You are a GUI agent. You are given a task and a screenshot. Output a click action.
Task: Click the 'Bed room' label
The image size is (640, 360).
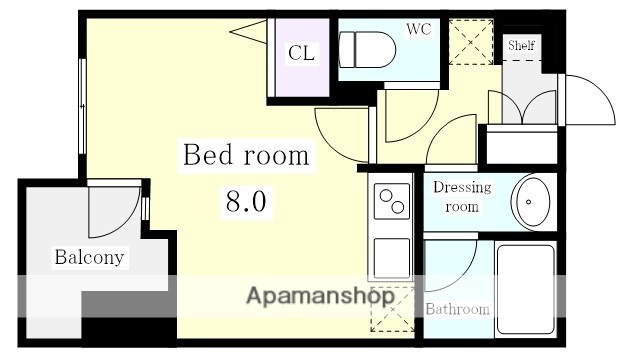[244, 157]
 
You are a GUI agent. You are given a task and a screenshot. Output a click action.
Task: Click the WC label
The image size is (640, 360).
[417, 29]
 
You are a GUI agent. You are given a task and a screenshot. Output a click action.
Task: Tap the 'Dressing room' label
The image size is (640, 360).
[462, 197]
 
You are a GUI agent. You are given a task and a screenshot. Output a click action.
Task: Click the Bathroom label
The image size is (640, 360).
[458, 309]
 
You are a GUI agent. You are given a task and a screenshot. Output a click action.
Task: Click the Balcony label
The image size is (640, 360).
[90, 258]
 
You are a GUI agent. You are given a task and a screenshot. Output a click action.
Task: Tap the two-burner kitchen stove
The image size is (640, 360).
[391, 201]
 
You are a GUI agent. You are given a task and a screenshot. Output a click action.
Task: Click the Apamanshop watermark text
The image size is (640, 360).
[319, 296]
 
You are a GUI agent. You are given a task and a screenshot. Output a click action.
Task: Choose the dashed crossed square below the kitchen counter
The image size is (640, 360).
[390, 309]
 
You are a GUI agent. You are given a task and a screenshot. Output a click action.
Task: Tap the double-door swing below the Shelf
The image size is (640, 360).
[523, 107]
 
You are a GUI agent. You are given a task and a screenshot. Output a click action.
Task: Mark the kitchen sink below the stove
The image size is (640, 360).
[390, 256]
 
